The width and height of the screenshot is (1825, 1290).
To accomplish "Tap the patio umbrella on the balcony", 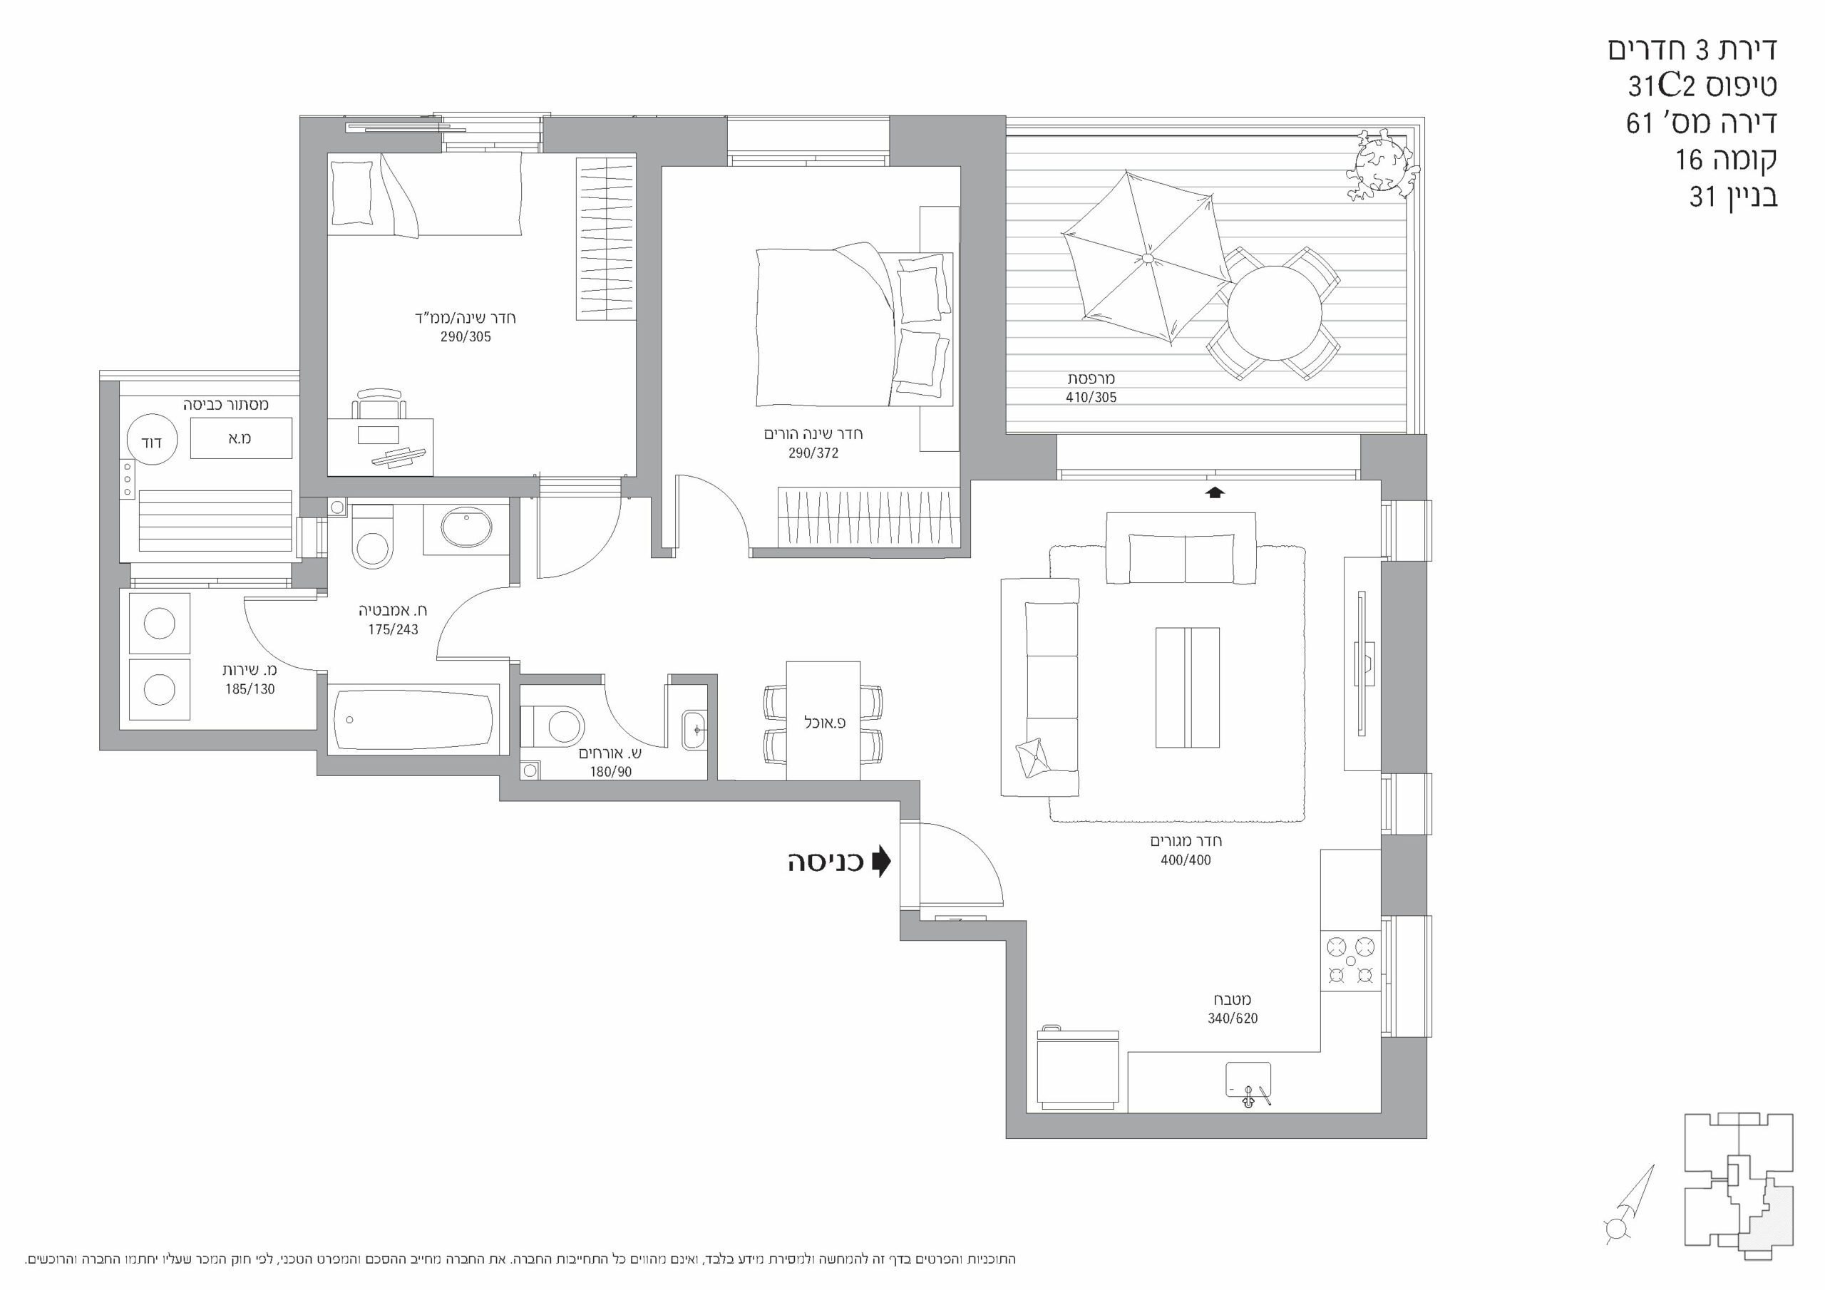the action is tap(1148, 257).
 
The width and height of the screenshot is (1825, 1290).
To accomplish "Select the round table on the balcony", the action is tap(1274, 313).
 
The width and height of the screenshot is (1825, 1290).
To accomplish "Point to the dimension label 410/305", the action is tap(1091, 398).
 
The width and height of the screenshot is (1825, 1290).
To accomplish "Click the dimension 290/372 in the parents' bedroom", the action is tap(813, 453).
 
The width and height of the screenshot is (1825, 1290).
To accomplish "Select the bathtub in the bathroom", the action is tap(413, 720).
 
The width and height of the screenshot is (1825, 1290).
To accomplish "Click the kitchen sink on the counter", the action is tap(1249, 1084).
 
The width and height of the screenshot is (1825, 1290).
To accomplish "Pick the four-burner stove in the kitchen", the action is tap(1350, 961).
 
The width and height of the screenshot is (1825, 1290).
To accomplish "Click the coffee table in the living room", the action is tap(1188, 688).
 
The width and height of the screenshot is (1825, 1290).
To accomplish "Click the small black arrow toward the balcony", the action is tap(1215, 492).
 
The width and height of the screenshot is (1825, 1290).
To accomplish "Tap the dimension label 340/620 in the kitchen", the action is tap(1233, 1018).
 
